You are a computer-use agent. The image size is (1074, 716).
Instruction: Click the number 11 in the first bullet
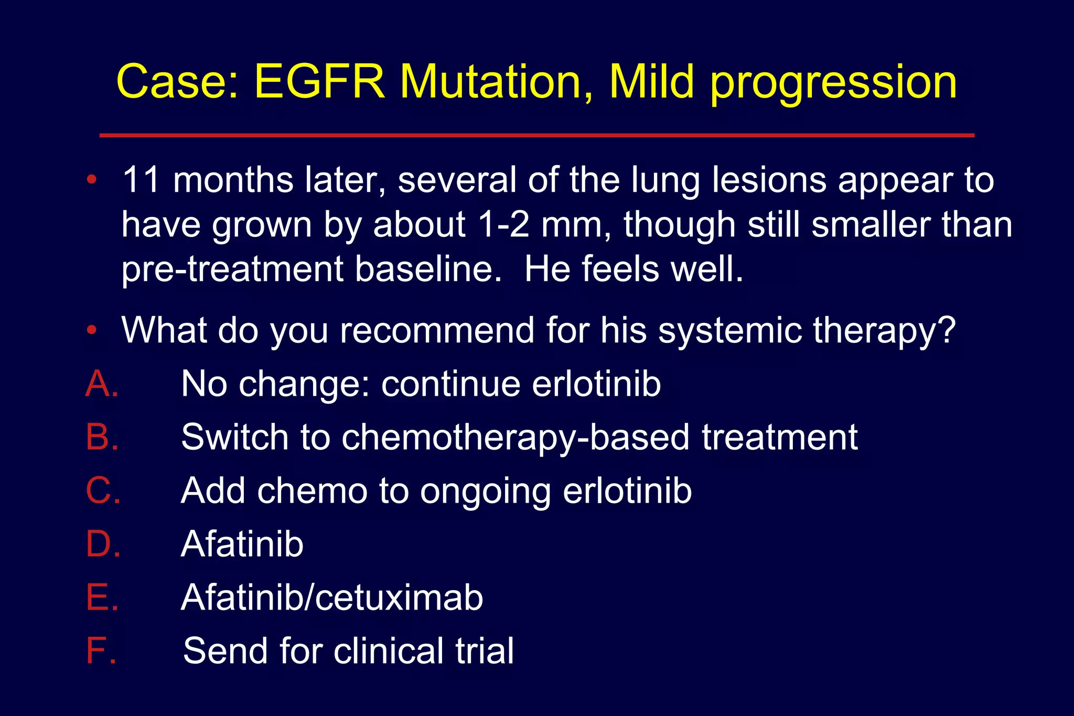(x=141, y=180)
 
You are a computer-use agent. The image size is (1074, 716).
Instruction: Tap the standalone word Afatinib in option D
(x=242, y=544)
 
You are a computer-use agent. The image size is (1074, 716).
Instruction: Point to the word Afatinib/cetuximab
(x=332, y=598)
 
